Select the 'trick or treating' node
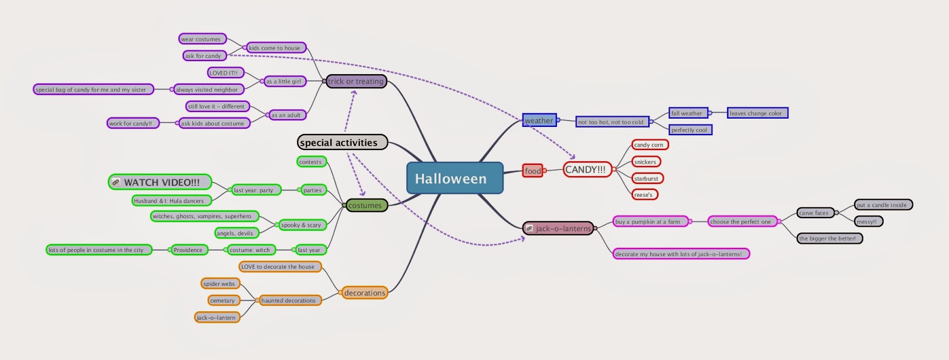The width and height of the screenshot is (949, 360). coord(356,81)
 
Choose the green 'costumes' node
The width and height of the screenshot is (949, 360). coord(365,205)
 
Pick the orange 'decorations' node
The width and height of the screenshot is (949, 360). coord(364,293)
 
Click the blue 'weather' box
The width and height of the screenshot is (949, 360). coord(539,120)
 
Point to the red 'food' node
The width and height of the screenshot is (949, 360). coord(533,171)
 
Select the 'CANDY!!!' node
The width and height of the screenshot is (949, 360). coord(586,170)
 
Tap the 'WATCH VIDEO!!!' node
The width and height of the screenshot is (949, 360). coord(160,182)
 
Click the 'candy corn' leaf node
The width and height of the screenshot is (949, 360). coord(649,145)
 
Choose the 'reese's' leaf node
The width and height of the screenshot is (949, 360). coord(644,195)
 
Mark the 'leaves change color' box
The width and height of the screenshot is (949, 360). coord(757,113)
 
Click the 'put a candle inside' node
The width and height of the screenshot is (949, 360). coord(883,205)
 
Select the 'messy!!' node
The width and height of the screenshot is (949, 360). coord(868,221)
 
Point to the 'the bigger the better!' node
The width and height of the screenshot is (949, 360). coord(829,238)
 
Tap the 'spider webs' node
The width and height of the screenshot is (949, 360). coord(220,283)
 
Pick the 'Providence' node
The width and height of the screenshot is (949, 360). coord(189,250)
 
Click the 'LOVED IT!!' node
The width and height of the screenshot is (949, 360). coord(225,73)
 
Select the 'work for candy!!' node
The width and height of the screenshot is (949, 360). coord(132,123)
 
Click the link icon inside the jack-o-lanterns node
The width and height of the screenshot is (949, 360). coord(530,228)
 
